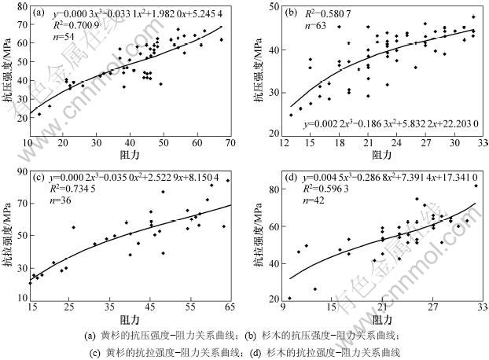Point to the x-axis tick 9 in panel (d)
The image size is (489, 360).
click(x=281, y=307)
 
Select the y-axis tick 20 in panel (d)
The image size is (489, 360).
click(x=271, y=298)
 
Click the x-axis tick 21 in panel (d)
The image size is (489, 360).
click(x=382, y=307)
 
